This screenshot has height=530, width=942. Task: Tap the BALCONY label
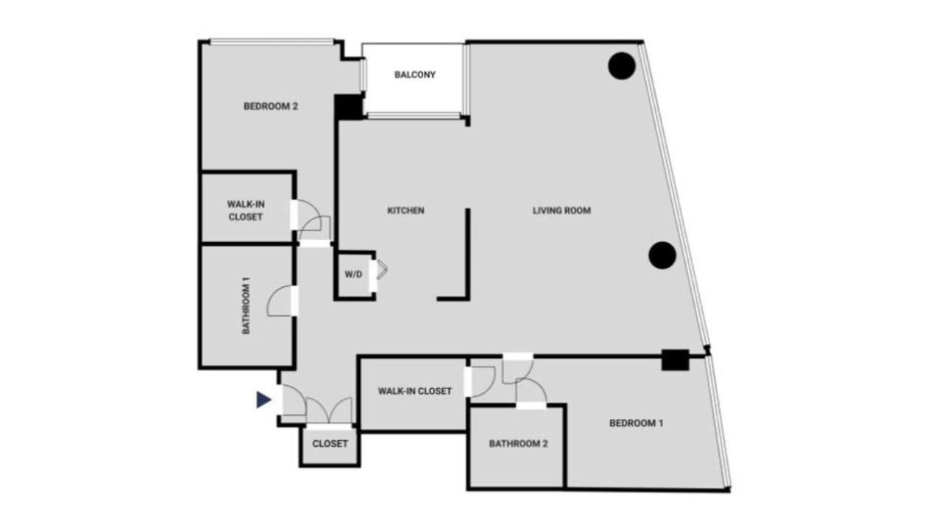tap(415, 74)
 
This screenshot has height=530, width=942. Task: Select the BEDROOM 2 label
tap(270, 106)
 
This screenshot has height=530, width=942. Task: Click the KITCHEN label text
tap(406, 211)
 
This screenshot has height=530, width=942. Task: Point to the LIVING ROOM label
tap(562, 211)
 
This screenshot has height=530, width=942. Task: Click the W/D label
tap(353, 275)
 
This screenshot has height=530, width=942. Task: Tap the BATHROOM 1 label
tap(247, 305)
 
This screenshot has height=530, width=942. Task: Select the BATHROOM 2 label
tap(518, 444)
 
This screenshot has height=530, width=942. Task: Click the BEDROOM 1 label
tap(637, 423)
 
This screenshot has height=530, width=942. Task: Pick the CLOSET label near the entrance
tap(330, 444)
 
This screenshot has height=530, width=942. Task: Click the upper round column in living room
tap(622, 66)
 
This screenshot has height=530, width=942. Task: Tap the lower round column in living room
tap(662, 255)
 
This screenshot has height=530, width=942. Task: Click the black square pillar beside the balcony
tap(347, 107)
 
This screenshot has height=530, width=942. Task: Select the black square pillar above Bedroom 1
tap(674, 360)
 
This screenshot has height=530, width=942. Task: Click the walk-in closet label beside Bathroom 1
tap(246, 210)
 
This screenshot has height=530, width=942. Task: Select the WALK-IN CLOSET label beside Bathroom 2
tap(414, 391)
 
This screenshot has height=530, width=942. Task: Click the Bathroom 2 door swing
tap(530, 390)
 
